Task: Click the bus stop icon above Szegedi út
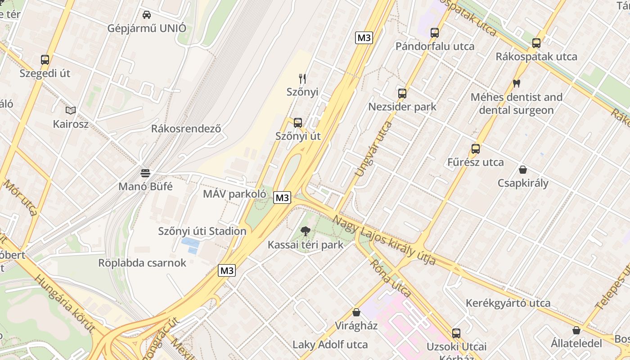point(45,59)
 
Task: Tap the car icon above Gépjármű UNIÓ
point(147,14)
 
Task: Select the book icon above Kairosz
point(71,110)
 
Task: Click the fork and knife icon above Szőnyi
point(302,79)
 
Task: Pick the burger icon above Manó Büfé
point(145,173)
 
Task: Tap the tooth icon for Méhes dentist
point(516,83)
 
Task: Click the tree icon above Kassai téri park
point(306,231)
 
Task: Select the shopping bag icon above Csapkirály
point(523,170)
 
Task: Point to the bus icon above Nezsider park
point(402,94)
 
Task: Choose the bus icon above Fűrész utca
point(476,149)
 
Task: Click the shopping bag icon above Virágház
point(356,312)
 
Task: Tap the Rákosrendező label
point(186,129)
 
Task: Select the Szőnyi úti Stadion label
point(202,231)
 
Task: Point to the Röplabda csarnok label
point(142,263)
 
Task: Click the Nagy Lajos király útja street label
point(384,240)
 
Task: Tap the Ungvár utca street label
point(373,149)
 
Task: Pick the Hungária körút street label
point(65,303)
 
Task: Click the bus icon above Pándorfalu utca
point(435,33)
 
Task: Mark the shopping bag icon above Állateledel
point(576,330)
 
